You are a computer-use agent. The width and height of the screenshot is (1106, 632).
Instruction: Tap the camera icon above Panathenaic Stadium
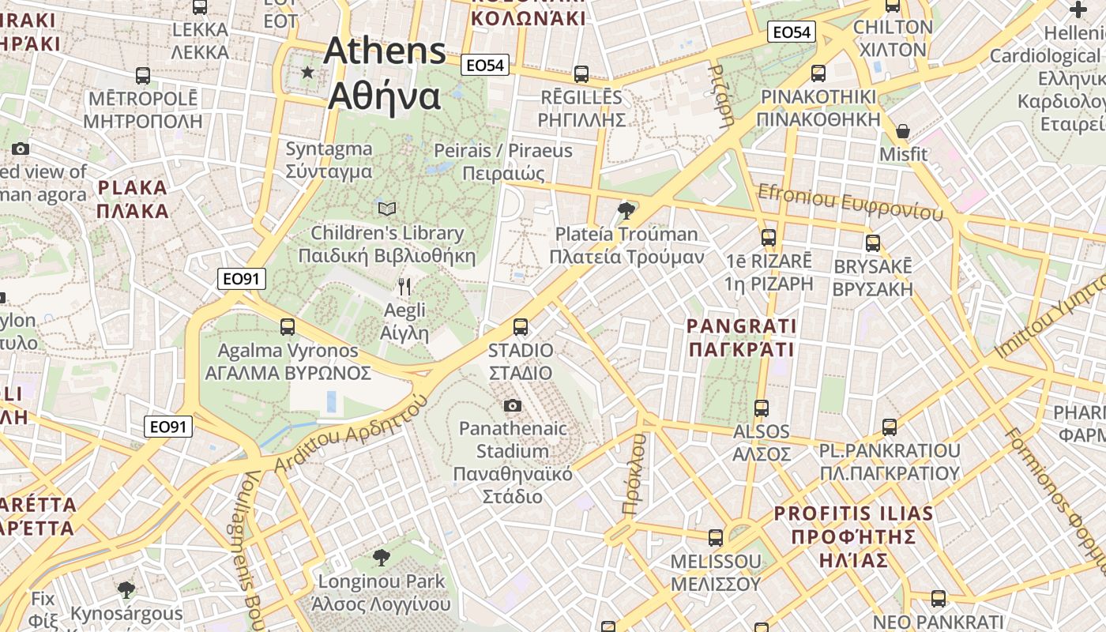point(513,405)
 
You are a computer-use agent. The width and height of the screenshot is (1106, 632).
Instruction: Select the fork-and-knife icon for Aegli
point(404,286)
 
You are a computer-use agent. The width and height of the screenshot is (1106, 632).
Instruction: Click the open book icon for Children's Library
point(387,209)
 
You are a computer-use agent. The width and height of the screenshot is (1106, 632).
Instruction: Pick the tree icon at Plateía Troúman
point(626,210)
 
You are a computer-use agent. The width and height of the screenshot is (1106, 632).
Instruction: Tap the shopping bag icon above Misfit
point(902,130)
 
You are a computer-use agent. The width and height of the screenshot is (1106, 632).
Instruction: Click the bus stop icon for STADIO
point(520,326)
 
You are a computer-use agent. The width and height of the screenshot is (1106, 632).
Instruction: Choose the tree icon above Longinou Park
point(382,558)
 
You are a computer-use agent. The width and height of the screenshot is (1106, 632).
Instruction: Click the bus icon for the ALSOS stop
point(762,408)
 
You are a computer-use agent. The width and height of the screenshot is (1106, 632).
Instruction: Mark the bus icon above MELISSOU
point(716,537)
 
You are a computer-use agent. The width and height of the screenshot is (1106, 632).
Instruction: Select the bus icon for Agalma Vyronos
point(288,326)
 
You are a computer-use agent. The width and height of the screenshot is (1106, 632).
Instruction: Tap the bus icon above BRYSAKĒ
point(873,243)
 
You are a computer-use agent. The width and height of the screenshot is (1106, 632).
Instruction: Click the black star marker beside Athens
point(307,73)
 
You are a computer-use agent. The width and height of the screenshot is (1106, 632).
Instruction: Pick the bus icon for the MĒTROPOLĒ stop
point(143,76)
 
